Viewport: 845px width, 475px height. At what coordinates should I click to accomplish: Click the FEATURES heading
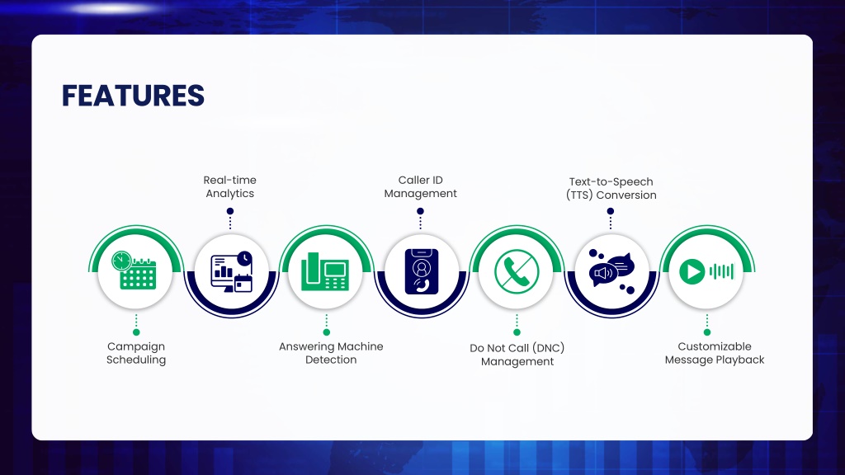[133, 96]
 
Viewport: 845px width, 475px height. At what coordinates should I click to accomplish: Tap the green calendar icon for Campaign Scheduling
[135, 270]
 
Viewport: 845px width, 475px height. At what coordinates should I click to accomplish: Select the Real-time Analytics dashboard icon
[231, 272]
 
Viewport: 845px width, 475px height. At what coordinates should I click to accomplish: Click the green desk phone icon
[325, 271]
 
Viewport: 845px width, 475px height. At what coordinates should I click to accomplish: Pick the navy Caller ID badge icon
[422, 271]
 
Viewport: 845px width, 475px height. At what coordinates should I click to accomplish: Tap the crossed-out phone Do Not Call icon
[517, 271]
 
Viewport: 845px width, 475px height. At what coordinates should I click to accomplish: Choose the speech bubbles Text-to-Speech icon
[611, 270]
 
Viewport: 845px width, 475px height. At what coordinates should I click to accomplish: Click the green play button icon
[692, 271]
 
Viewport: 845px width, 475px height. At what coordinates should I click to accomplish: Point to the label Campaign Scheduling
[136, 353]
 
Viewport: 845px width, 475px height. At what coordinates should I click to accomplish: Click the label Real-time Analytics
[230, 187]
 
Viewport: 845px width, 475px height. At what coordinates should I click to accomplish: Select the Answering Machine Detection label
[331, 353]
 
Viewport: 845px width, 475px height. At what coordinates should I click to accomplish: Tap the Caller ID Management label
[420, 187]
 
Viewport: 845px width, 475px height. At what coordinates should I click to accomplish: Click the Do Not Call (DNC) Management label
[517, 355]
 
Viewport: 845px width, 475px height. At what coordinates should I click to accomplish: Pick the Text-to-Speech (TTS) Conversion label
[611, 189]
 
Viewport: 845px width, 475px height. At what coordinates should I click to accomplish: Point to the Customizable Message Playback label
[715, 353]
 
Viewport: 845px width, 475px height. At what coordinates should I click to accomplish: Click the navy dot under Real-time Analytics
[230, 211]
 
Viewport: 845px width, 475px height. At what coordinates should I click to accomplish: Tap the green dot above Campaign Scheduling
[136, 332]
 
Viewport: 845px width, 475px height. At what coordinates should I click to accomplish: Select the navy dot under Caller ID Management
[420, 211]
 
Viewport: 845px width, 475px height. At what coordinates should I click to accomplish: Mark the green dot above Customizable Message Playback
[707, 332]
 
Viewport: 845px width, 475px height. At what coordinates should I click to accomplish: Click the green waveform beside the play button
[721, 271]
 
